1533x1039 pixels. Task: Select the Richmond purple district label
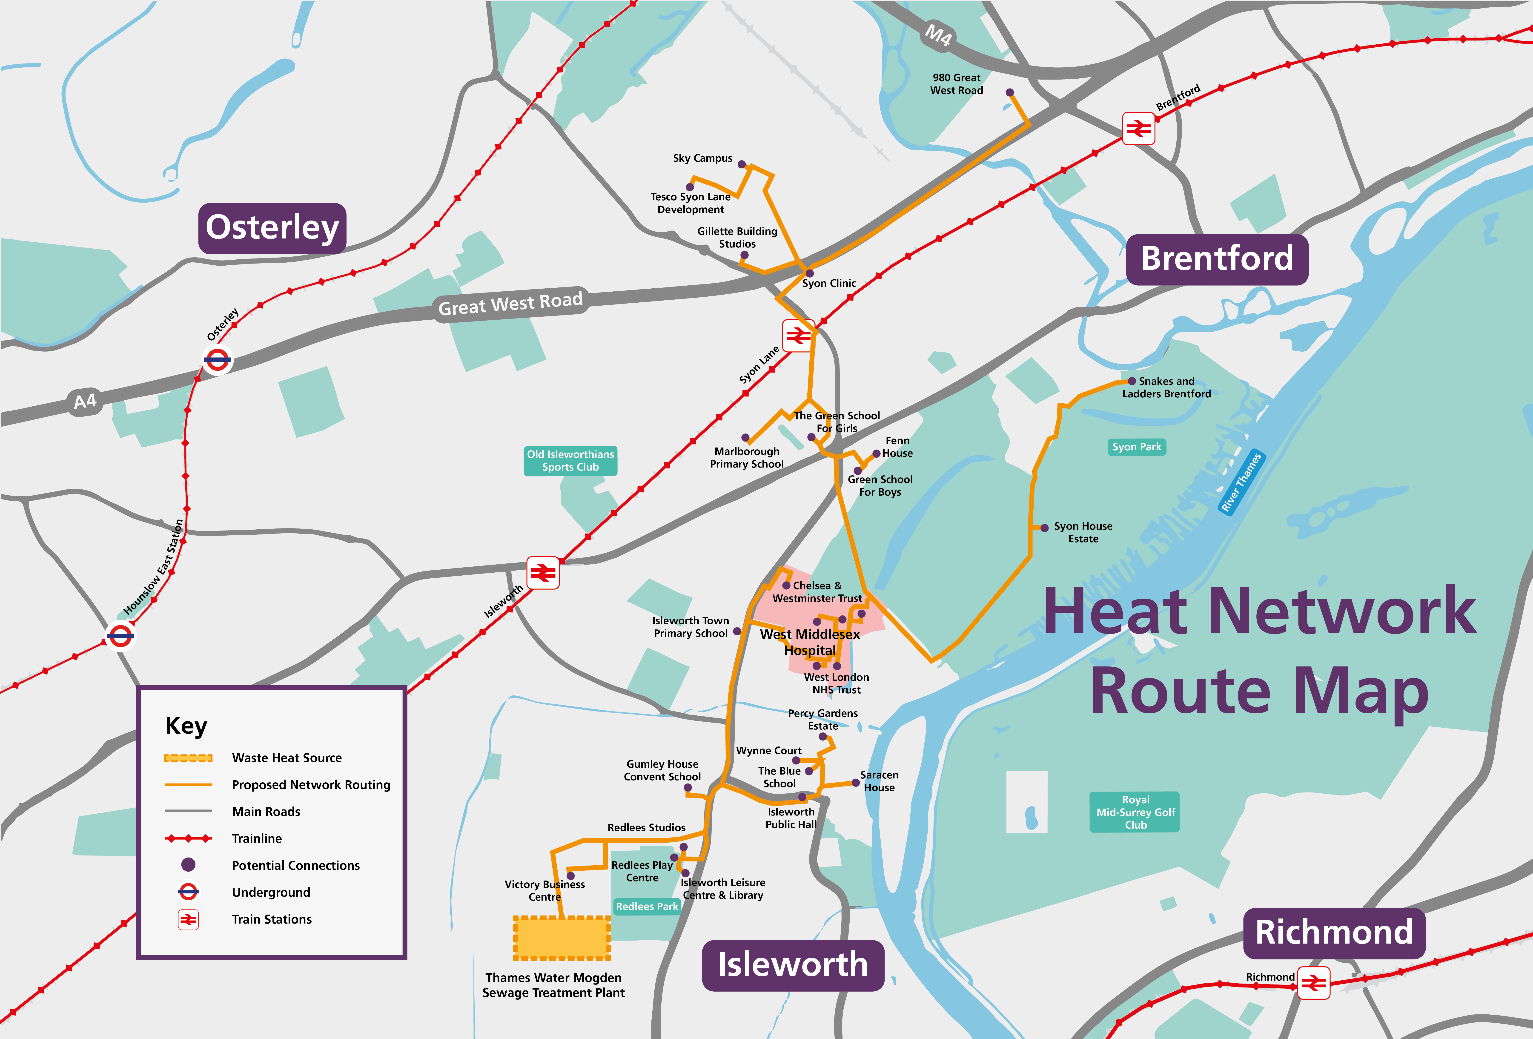1334,933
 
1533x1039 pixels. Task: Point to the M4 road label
938,34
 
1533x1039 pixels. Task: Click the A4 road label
85,401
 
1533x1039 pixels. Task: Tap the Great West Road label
510,304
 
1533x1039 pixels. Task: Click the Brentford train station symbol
1138,129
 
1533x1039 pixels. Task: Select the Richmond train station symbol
1313,983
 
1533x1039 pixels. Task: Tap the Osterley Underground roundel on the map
217,360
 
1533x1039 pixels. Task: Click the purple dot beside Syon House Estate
1044,528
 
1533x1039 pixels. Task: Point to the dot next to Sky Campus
741,164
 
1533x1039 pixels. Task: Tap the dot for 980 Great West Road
1009,92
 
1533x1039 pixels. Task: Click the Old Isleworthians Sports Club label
570,460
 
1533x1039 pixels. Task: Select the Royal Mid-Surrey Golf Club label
1135,812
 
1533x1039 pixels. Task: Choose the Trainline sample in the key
188,838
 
